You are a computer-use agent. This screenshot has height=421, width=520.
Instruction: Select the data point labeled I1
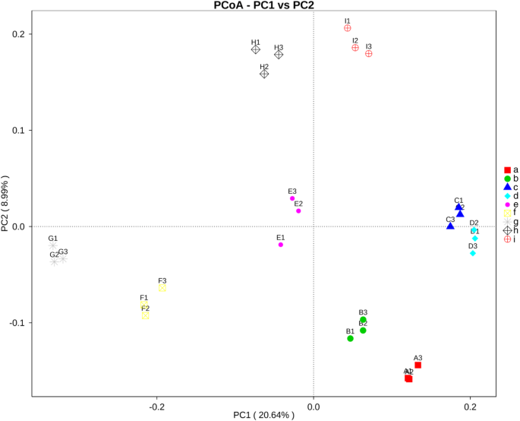point(348,28)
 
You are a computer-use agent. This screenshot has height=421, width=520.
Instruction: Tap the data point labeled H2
point(264,74)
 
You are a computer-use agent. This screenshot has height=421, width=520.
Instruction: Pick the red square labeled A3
point(418,365)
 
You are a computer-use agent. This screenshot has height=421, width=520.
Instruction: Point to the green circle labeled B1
point(350,338)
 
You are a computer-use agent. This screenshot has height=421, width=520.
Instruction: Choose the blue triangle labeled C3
point(450,226)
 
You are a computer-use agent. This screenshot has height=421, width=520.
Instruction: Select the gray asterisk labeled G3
point(63,259)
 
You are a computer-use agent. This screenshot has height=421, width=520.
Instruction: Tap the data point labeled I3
point(369,54)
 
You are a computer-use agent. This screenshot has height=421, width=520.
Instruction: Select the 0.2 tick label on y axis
point(18,34)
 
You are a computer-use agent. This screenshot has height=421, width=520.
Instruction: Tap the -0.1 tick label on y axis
point(17,323)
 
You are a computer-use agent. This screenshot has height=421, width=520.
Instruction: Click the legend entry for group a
point(511,169)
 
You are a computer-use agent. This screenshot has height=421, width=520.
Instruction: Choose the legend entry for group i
point(511,239)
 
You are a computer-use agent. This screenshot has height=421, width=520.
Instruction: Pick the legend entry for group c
point(511,187)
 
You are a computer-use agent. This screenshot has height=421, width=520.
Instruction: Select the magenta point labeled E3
point(292,198)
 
